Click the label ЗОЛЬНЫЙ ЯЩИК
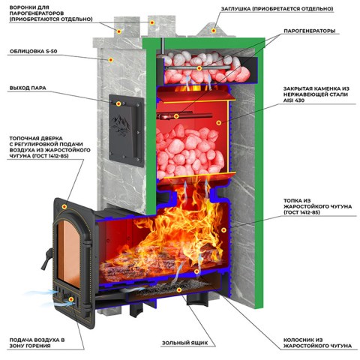click(x=184, y=343)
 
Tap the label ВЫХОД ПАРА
click(x=28, y=88)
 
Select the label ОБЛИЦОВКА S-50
click(x=33, y=51)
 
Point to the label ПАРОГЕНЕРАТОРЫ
click(x=310, y=31)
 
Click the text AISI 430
click(x=294, y=100)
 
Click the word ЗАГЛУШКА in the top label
click(x=235, y=9)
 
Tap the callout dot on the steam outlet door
click(x=118, y=103)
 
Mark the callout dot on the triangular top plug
click(x=214, y=31)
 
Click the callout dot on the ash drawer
click(x=179, y=289)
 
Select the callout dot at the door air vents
click(x=71, y=299)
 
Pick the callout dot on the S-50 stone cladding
click(x=111, y=60)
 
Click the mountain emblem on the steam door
click(x=121, y=125)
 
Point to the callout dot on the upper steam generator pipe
click(x=199, y=68)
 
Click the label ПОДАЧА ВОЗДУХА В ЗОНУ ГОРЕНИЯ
click(x=37, y=343)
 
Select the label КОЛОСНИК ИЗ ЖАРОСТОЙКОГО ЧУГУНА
click(x=317, y=343)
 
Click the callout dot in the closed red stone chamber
click(x=219, y=123)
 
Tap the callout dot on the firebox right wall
click(x=223, y=229)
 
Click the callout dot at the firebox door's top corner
click(x=64, y=206)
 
